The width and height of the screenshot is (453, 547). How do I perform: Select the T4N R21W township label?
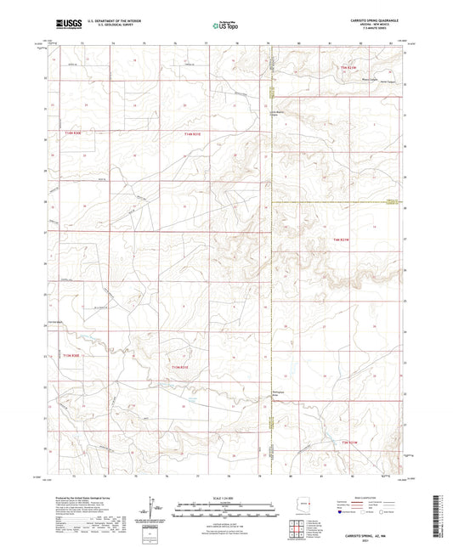[342, 240]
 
